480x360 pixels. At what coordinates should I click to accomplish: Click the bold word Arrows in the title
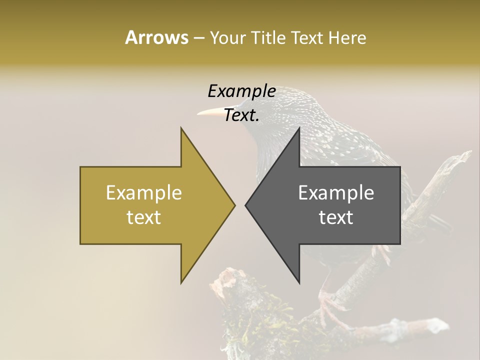point(156,37)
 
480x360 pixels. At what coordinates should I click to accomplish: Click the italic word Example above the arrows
point(241,91)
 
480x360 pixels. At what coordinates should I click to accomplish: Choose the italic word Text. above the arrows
point(241,115)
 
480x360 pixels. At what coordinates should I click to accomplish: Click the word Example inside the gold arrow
point(144,193)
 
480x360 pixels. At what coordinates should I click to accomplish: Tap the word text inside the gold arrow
point(144,217)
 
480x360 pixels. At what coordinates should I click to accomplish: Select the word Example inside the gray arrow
point(336,193)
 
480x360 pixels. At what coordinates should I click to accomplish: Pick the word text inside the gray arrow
point(336,217)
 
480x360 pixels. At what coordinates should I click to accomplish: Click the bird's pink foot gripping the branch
point(327,305)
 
